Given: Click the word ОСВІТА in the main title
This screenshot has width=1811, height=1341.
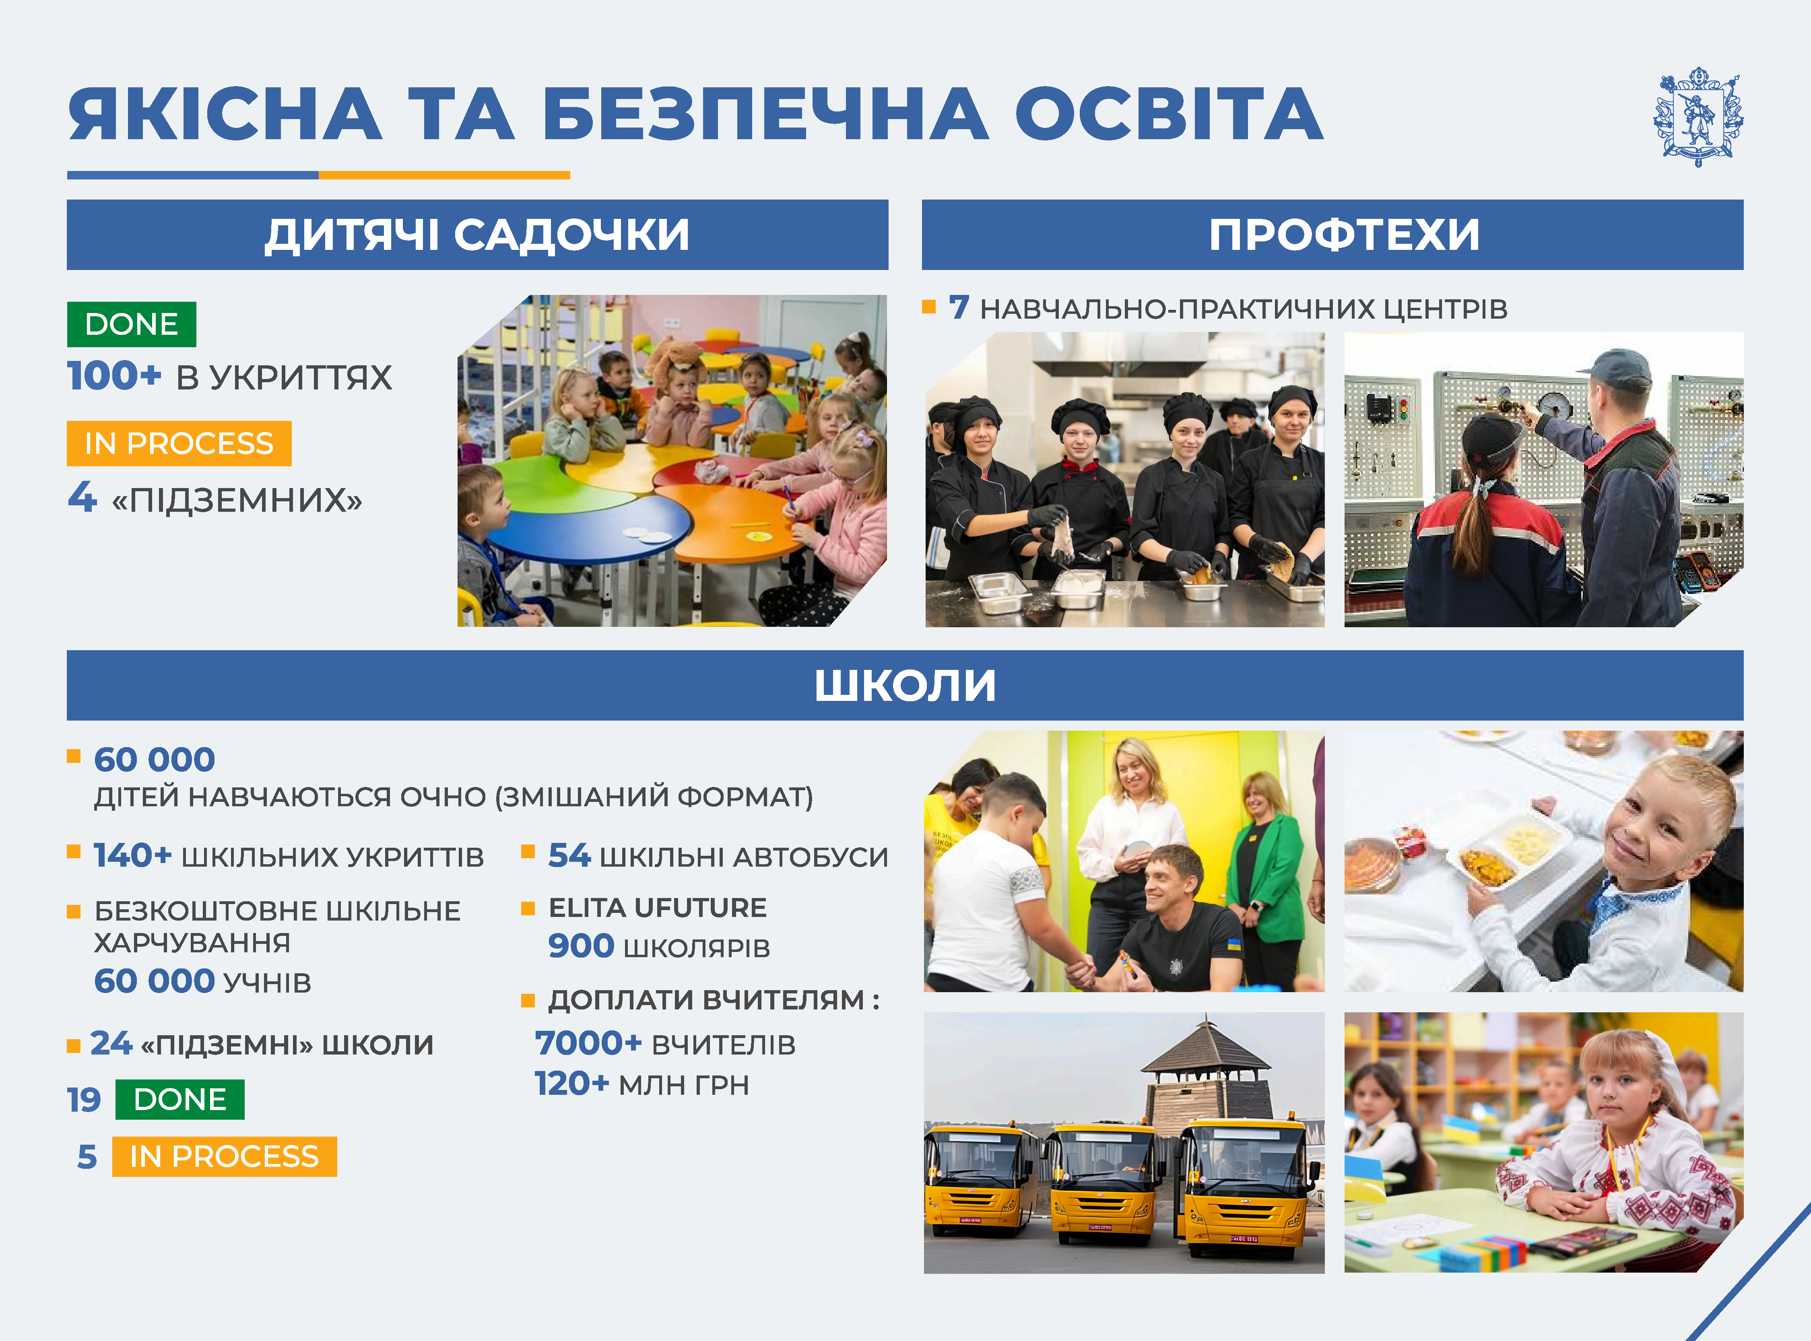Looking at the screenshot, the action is [1169, 114].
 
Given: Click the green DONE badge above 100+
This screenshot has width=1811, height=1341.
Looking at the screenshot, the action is [132, 324].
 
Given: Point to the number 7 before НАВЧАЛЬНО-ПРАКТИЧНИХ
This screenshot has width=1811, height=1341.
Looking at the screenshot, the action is [959, 308].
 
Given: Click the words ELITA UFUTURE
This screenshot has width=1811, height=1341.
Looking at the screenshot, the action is [658, 908].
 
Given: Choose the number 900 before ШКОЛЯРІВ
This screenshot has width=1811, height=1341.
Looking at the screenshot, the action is [580, 945].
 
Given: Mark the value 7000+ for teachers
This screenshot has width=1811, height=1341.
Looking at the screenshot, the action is [588, 1043].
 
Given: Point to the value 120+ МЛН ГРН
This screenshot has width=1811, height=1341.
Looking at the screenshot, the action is [641, 1084].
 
